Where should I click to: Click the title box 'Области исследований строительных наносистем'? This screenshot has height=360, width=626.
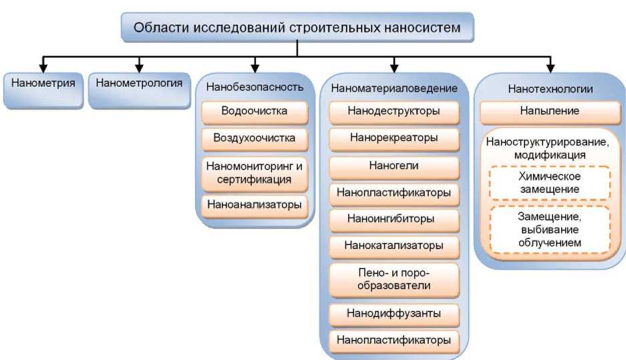[x=297, y=27]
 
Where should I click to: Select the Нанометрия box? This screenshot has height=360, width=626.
[x=41, y=85]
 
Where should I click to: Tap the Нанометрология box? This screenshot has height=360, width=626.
[x=139, y=85]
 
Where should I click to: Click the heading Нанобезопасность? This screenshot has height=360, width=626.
[x=255, y=87]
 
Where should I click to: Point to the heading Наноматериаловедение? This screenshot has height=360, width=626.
[x=394, y=87]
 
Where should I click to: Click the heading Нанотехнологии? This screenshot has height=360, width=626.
[x=550, y=88]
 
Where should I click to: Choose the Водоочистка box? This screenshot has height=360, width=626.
[x=255, y=111]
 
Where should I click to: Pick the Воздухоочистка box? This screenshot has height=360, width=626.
[x=255, y=139]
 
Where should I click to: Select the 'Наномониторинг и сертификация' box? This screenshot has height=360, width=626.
[x=255, y=172]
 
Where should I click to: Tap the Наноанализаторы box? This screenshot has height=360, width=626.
[x=255, y=204]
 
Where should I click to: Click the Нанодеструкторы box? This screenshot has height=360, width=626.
[x=394, y=111]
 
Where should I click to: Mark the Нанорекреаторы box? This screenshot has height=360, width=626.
[x=394, y=138]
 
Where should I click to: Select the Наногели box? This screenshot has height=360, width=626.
[x=394, y=165]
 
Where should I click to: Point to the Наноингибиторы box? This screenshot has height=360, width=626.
[x=394, y=218]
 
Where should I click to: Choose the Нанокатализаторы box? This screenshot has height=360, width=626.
[x=394, y=245]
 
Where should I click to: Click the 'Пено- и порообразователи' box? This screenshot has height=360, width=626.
[x=394, y=279]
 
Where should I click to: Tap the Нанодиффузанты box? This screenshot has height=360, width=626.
[x=394, y=313]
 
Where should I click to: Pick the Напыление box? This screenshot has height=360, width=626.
[x=550, y=110]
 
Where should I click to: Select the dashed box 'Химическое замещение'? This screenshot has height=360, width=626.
[x=550, y=182]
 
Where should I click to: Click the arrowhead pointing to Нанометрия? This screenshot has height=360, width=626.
[x=41, y=68]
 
